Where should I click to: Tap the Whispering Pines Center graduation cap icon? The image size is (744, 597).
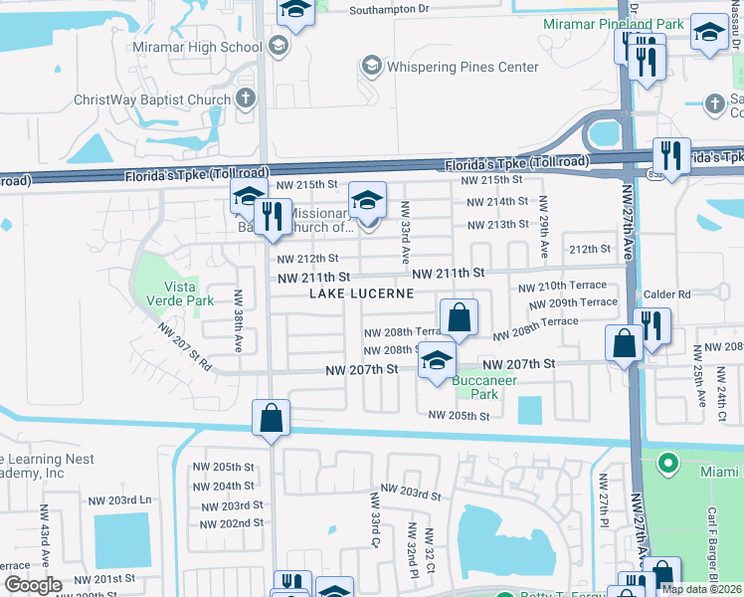pyautogui.click(x=372, y=67)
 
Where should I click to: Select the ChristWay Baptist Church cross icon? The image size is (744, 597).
pyautogui.click(x=246, y=99)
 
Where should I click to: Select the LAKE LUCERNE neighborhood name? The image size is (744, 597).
pyautogui.click(x=360, y=294)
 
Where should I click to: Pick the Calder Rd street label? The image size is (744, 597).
pyautogui.click(x=666, y=295)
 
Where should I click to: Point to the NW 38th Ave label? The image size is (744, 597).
pyautogui.click(x=239, y=320)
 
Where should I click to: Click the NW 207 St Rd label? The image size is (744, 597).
pyautogui.click(x=184, y=347)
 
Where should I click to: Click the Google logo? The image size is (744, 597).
pyautogui.click(x=33, y=585)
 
